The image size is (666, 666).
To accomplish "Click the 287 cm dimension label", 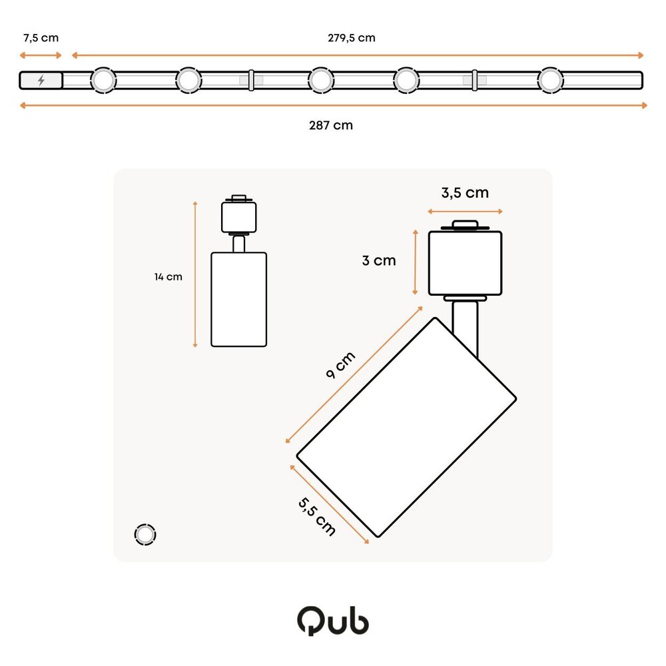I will tap(331, 125).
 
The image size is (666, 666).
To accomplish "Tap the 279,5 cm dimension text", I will tap(351, 37).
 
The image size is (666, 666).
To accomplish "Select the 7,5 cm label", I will tap(40, 37).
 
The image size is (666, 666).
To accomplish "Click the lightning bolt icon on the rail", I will tap(41, 81).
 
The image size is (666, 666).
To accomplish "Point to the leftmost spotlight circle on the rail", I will tap(103, 80).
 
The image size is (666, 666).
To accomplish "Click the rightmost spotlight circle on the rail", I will tap(549, 80).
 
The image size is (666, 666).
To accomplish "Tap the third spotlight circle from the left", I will tap(320, 80).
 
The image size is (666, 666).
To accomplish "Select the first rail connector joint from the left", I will tap(251, 80).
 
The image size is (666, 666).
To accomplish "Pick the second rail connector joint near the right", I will tap(474, 80).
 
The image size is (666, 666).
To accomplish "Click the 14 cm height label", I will tap(168, 276).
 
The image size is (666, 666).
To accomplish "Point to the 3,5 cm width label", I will tap(465, 193).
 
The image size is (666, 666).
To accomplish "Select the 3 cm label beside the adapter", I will tap(379, 260).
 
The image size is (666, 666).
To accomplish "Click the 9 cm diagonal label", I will tap(340, 365).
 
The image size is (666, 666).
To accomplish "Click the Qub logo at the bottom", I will tap(332, 620).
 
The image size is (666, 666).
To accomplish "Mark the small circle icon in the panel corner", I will tap(145, 534).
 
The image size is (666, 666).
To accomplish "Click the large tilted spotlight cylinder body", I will tap(406, 426).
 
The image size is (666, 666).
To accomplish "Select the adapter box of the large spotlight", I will tap(465, 262).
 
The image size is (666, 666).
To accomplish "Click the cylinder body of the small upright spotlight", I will tap(238, 299).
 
